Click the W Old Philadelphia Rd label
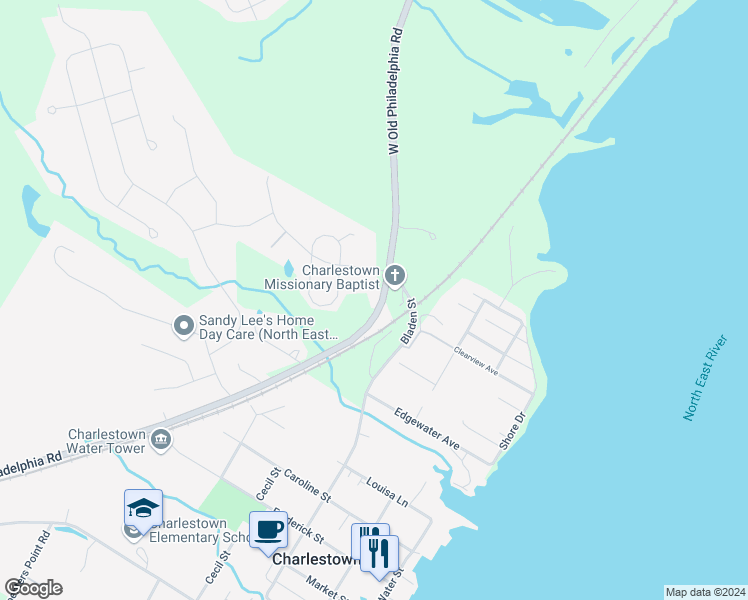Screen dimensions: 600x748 396,91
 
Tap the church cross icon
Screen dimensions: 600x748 396,275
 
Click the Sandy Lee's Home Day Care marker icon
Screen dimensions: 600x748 183,326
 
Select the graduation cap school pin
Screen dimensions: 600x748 143,508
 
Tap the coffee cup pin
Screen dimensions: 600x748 267,530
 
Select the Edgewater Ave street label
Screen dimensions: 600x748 426,427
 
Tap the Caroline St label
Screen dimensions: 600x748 307,484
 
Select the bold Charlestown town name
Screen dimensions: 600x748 316,560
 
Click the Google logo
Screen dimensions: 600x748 33,587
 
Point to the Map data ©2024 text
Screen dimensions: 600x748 705,592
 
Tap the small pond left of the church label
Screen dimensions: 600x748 289,268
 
